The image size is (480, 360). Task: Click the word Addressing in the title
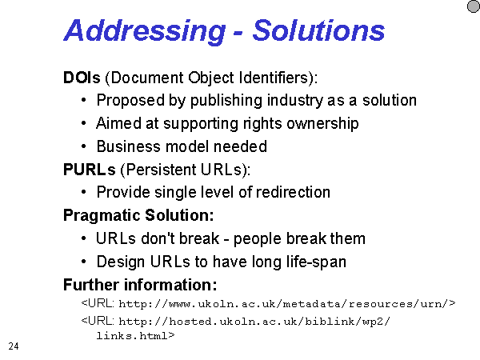(x=145, y=31)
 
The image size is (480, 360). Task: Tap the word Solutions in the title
(x=318, y=30)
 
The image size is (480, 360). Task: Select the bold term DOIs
(x=82, y=78)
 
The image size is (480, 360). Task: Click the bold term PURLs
(x=90, y=170)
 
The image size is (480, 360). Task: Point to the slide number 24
(x=14, y=346)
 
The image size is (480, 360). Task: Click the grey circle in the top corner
(x=474, y=6)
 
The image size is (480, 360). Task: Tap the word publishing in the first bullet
(x=226, y=101)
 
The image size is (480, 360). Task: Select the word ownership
(x=322, y=124)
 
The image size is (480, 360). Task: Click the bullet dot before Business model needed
(x=84, y=146)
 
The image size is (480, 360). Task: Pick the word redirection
(x=293, y=192)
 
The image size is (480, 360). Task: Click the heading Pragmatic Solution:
(x=138, y=215)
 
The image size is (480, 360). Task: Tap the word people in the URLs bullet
(x=258, y=239)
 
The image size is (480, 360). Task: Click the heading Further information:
(x=140, y=285)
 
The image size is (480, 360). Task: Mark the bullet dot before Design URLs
(x=84, y=262)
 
